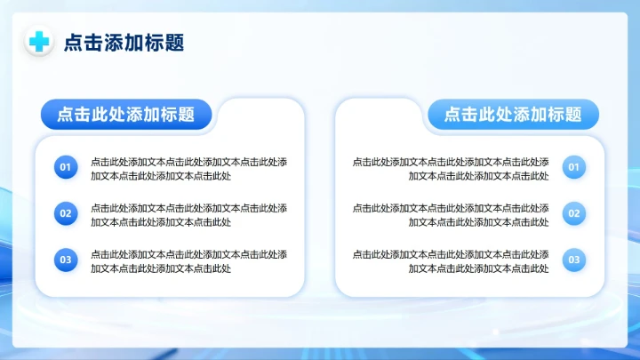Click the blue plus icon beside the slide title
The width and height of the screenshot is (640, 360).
pyautogui.click(x=39, y=42)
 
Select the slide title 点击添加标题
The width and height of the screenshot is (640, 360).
pyautogui.click(x=124, y=43)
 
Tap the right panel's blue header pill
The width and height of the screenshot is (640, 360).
pyautogui.click(x=513, y=114)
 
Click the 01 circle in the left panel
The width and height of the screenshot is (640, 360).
pyautogui.click(x=65, y=167)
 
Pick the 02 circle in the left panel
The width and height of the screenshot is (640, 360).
pyautogui.click(x=65, y=213)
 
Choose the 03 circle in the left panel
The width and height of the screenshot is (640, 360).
pyautogui.click(x=65, y=260)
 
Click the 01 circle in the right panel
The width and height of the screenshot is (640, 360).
pyautogui.click(x=574, y=167)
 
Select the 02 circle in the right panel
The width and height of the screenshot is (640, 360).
pyautogui.click(x=574, y=213)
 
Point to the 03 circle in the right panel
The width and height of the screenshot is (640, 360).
pyautogui.click(x=574, y=260)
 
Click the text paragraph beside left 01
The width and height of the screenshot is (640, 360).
pyautogui.click(x=188, y=169)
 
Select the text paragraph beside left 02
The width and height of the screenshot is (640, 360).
pyautogui.click(x=188, y=215)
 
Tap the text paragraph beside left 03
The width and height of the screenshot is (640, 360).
pyautogui.click(x=188, y=261)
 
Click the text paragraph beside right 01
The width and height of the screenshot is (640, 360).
pyautogui.click(x=451, y=169)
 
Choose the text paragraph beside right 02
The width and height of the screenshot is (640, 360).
pyautogui.click(x=451, y=215)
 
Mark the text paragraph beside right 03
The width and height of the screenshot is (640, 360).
pyautogui.click(x=451, y=261)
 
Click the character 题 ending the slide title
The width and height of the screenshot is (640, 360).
pyautogui.click(x=174, y=43)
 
